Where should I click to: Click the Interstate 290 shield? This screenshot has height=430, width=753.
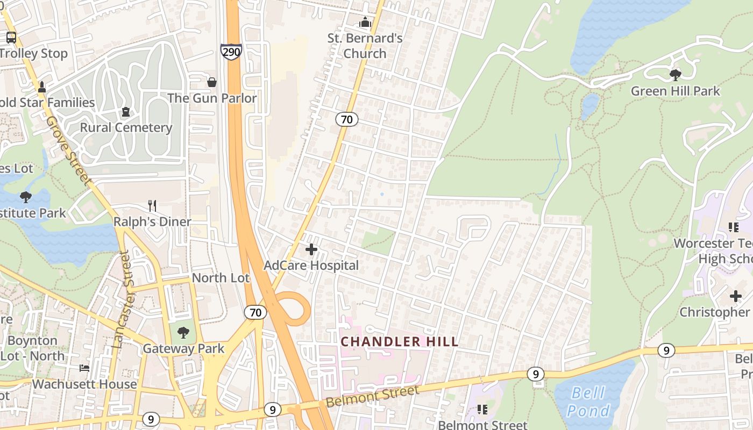[x=231, y=52]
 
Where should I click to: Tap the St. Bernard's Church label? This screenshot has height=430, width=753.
[x=365, y=46]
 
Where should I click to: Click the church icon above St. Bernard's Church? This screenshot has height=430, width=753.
[x=365, y=22]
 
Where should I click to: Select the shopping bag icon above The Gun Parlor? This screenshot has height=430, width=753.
[x=212, y=82]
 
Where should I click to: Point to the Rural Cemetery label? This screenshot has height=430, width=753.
[x=126, y=127]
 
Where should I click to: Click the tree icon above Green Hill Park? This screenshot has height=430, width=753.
[x=676, y=75]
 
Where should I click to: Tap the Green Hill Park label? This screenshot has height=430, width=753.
[x=675, y=91]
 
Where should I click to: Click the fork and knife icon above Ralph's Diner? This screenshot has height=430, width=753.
[x=152, y=205]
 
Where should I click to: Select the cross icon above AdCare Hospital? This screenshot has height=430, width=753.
[x=311, y=249]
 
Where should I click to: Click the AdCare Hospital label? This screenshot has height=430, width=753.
[x=311, y=265]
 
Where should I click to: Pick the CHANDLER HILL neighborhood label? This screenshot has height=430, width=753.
[x=400, y=341]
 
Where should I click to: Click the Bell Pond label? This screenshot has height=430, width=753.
[x=588, y=402]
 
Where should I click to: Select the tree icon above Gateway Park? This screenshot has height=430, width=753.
[x=183, y=333]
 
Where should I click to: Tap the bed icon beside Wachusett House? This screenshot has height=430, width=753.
[x=84, y=368]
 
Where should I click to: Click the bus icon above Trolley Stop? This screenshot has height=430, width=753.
[x=11, y=38]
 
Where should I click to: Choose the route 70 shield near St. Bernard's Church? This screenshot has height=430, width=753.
[x=347, y=119]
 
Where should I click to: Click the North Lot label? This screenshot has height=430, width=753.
[x=221, y=278]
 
